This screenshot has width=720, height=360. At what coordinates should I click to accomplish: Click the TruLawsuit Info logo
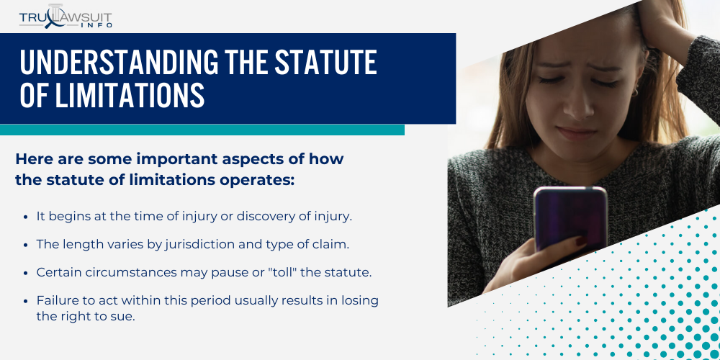coord(66,17)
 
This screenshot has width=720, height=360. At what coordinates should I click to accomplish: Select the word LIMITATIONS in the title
coord(130,95)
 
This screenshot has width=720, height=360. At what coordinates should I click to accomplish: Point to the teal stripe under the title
coord(202,130)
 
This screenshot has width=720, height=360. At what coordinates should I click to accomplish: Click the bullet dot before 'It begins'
coord(26,217)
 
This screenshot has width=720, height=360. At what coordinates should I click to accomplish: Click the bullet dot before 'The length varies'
coord(26,246)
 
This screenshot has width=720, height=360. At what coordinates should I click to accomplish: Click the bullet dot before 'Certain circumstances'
coord(26,273)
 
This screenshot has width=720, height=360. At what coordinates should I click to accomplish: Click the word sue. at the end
coord(124,317)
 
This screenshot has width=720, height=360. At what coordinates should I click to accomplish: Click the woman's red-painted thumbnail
coord(581,240)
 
